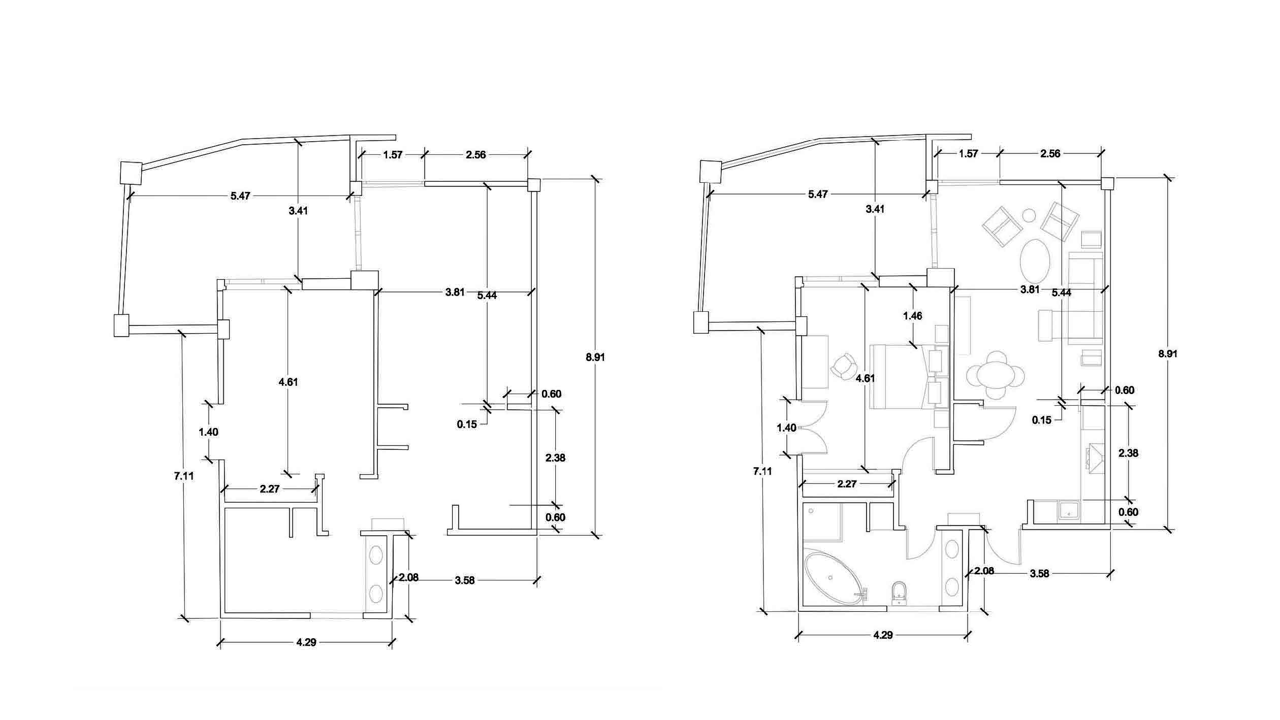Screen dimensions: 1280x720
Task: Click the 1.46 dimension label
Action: point(912,316)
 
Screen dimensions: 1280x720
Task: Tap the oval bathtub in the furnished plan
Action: point(835,578)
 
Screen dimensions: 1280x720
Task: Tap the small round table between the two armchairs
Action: point(1029,216)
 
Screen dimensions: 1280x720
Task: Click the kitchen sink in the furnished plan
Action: point(1069,512)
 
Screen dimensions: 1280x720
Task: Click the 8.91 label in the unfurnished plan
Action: point(595,357)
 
